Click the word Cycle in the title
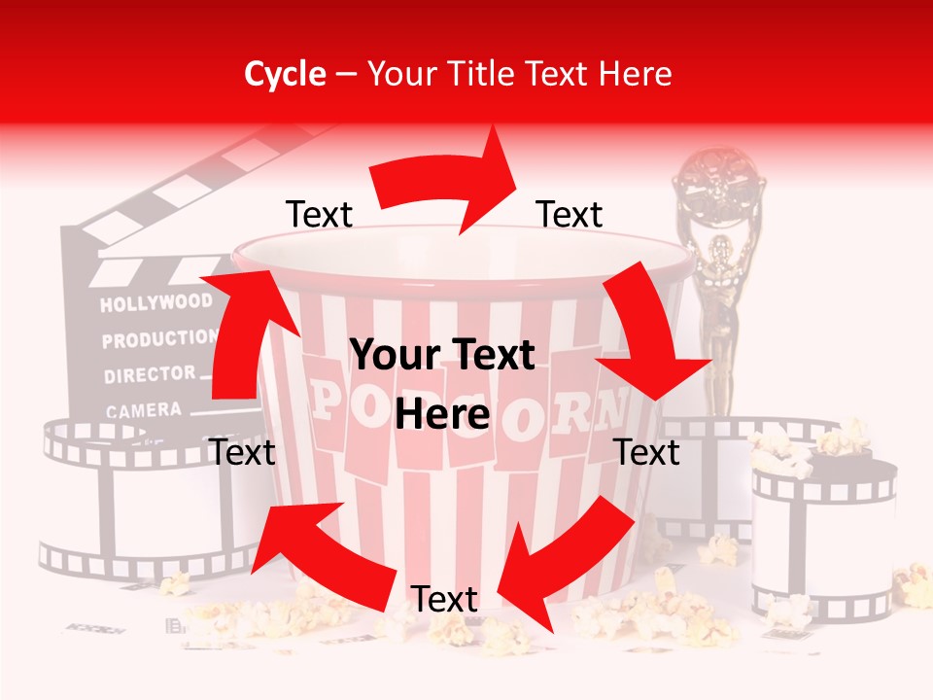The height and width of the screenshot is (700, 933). pyautogui.click(x=285, y=74)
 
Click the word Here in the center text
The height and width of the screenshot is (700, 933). pyautogui.click(x=442, y=415)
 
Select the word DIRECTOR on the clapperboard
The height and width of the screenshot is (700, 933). pyautogui.click(x=150, y=374)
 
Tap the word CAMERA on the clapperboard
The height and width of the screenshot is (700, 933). pyautogui.click(x=144, y=410)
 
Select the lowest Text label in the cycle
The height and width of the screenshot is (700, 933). pyautogui.click(x=444, y=600)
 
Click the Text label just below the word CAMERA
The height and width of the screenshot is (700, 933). pyautogui.click(x=242, y=452)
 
